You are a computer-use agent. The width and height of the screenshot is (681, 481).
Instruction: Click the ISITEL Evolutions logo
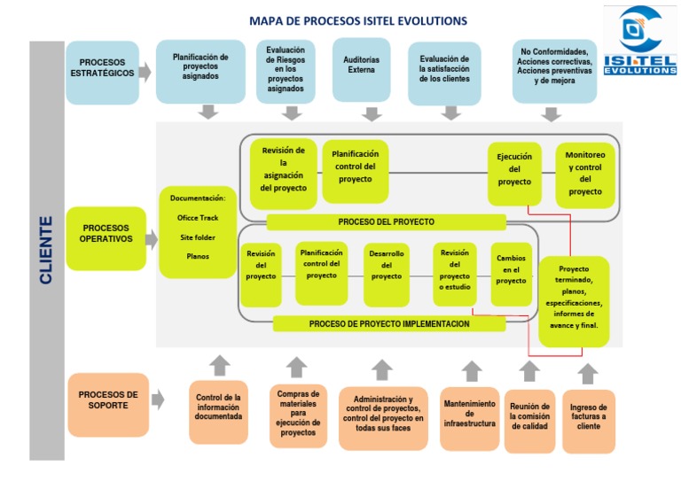[x=639, y=41]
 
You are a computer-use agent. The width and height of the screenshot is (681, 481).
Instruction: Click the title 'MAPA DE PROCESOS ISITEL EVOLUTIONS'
[x=358, y=20]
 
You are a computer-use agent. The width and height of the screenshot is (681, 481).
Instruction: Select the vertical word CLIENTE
[x=46, y=251]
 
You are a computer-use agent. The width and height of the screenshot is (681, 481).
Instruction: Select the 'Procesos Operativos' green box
[x=106, y=234]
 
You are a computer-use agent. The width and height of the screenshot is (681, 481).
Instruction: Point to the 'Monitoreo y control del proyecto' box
[x=584, y=173]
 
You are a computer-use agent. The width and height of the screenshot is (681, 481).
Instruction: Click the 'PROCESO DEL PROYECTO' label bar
[x=386, y=221]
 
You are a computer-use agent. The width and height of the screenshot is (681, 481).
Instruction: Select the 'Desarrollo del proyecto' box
[x=386, y=265]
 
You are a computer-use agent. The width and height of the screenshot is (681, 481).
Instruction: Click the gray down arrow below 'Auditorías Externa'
[x=373, y=112]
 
